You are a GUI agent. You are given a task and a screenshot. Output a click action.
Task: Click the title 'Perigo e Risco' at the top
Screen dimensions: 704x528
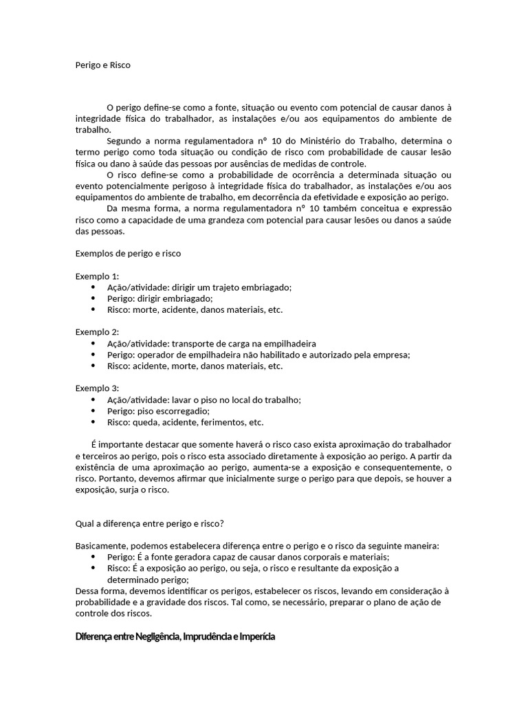point(102,65)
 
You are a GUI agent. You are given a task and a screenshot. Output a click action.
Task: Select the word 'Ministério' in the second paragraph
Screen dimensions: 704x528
point(323,141)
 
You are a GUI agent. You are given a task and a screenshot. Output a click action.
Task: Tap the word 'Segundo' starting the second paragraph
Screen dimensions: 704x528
point(124,141)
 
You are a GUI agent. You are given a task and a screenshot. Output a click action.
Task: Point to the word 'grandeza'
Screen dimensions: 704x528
point(258,221)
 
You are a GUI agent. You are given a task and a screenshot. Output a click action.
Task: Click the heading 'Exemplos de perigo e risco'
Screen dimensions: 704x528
point(128,254)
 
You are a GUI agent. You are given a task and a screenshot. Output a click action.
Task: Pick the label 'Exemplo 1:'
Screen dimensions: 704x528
point(97,276)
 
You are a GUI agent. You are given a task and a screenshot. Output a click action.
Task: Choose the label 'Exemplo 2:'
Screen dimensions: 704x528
point(97,332)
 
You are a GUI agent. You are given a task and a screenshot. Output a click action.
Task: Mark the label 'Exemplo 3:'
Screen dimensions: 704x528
point(97,388)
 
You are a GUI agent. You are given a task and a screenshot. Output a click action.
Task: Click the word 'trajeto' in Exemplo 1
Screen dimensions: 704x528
point(221,287)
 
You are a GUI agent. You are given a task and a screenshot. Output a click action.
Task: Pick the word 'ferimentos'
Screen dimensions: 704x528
point(219,422)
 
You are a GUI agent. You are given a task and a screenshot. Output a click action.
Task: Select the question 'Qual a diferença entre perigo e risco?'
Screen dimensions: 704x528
point(150,523)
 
